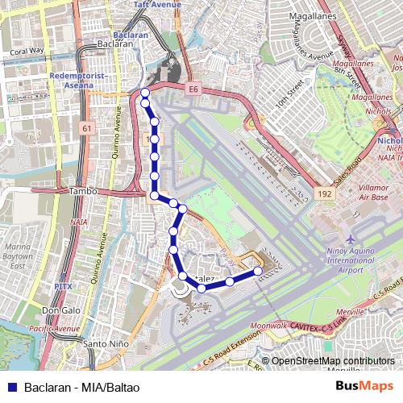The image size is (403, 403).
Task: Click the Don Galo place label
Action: coord(60,310)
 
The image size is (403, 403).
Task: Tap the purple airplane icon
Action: coord(351,240)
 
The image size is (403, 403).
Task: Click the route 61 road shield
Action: coord(87,127)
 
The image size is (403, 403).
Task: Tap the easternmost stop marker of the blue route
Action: coord(258,272)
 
